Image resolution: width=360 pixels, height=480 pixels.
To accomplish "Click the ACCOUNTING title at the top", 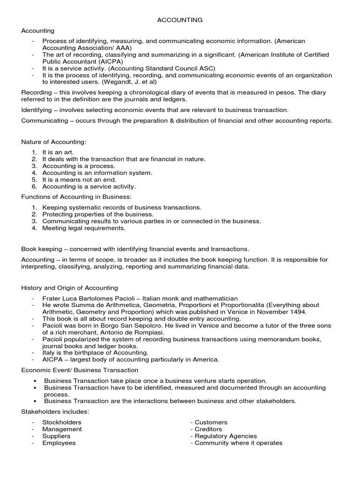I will pos(180,20).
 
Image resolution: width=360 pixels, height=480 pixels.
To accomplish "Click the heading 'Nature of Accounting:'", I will pos(54,142).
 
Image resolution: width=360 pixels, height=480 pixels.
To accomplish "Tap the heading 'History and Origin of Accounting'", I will pos(70,287).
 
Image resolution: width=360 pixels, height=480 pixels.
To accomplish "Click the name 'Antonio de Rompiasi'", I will pos(121,332).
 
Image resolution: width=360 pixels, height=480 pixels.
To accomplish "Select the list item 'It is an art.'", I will pos(58,152).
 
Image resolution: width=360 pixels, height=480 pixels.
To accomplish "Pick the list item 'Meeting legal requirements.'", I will pos(84,228).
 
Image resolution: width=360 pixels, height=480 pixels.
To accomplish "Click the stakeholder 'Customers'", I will pos(211,422).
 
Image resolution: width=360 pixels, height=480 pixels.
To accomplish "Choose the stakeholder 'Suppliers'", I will pos(56,436).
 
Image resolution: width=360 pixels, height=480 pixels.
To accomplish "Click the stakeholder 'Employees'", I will pos(59,443).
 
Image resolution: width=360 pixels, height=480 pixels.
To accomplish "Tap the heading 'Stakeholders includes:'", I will pos(55,412).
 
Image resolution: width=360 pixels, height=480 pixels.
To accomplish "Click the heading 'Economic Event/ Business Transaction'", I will pos(80,370).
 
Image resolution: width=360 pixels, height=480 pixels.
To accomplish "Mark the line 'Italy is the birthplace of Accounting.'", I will pos(95,352).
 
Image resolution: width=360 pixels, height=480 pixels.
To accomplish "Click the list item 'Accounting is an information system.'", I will pos(97,172).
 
